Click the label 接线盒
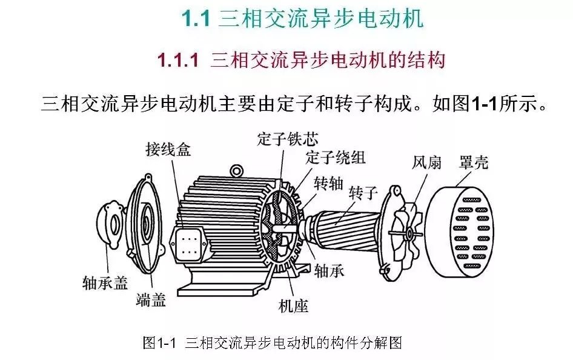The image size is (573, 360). [168, 149]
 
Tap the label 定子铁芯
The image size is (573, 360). [288, 139]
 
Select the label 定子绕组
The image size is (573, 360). [336, 157]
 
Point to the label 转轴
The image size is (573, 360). [328, 184]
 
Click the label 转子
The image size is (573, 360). [362, 193]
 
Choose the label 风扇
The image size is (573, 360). [426, 162]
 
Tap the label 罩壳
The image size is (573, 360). [474, 162]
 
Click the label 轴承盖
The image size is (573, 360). [105, 283]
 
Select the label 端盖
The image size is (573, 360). [151, 299]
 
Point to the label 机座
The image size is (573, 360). [293, 305]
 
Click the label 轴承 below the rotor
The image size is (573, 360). [330, 271]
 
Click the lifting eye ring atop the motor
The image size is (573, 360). [236, 171]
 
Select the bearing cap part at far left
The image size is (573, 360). [110, 225]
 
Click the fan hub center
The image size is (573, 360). [409, 233]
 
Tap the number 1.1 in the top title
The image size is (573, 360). [196, 18]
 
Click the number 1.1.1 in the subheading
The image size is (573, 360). [178, 59]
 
